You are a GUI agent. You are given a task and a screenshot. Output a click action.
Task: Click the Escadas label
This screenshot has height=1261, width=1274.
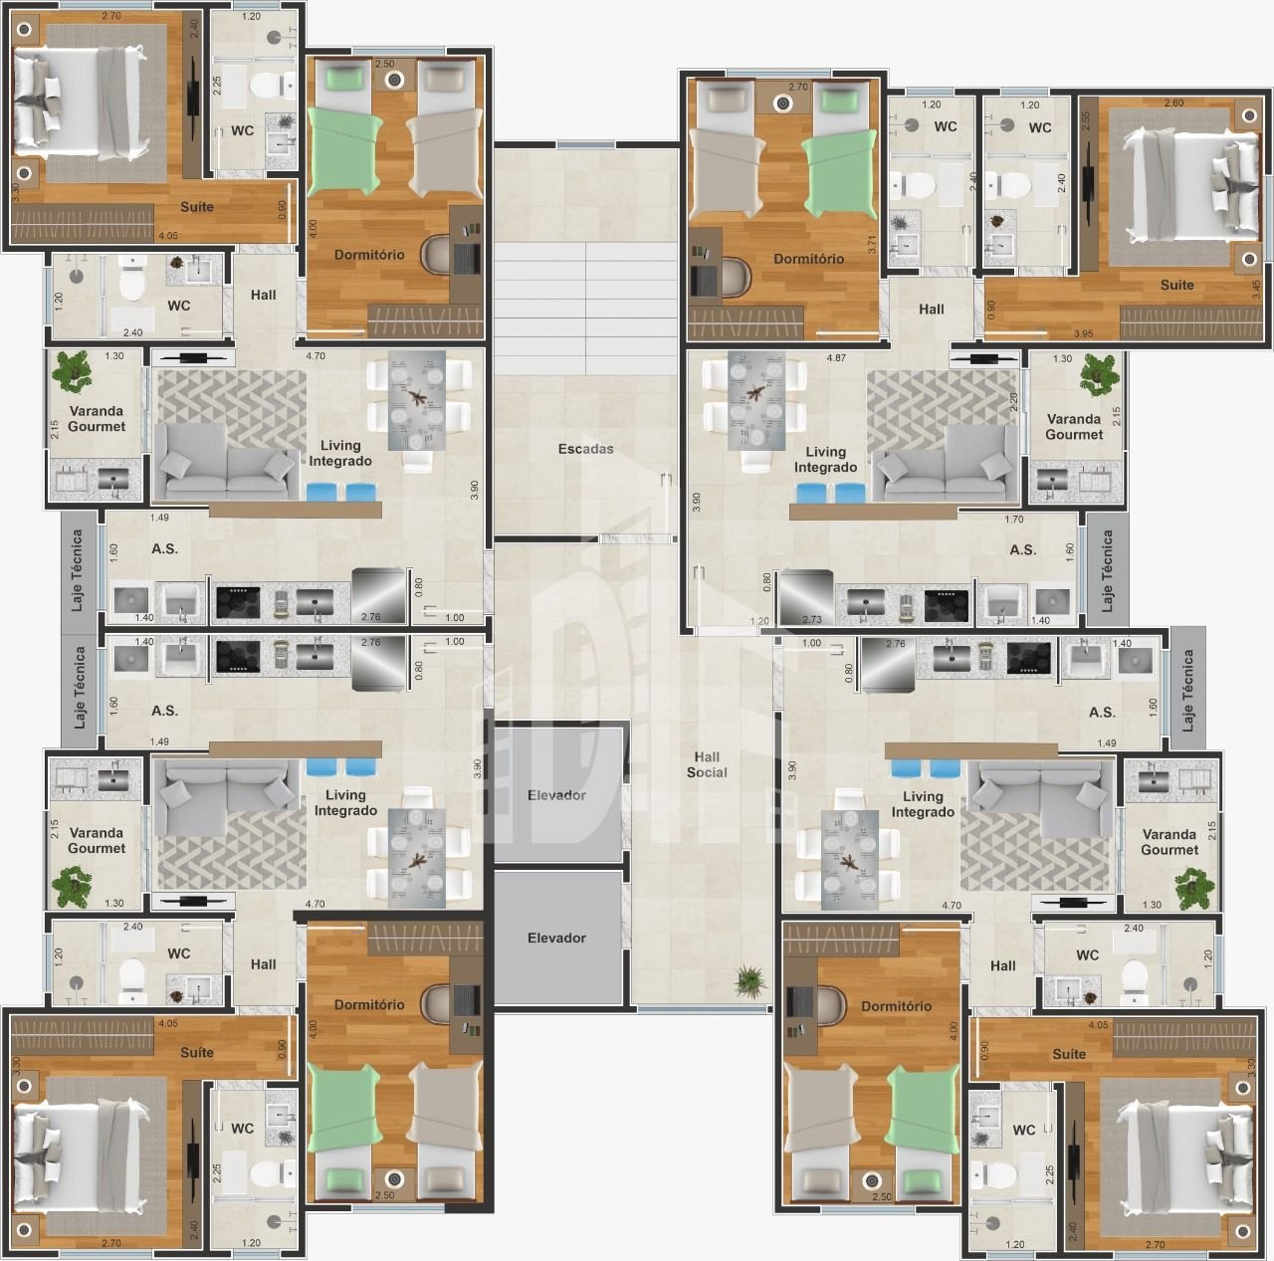pos(586,449)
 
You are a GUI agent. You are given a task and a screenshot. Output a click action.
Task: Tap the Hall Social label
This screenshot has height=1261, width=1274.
pos(706,764)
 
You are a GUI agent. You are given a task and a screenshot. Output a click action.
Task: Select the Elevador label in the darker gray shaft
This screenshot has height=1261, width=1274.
pos(556,938)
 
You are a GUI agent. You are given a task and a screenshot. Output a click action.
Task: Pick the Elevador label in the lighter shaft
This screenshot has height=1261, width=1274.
pos(556,795)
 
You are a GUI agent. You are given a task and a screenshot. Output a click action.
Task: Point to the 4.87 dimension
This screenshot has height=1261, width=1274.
pos(836,357)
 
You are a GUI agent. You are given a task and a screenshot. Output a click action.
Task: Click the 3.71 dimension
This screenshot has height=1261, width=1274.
pos(872,245)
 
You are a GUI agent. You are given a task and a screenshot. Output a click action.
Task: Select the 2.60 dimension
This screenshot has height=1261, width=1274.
pos(1173,103)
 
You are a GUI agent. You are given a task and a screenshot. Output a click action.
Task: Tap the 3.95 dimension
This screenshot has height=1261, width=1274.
pos(1083,334)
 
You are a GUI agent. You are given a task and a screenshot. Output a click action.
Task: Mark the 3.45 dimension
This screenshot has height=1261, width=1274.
pos(1256,289)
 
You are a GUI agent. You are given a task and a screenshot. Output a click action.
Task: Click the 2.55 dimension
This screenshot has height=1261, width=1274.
pos(1087,119)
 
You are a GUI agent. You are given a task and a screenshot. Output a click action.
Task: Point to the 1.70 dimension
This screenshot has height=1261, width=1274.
pos(1013,520)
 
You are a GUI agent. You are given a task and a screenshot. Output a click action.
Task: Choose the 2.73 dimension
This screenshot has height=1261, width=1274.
pos(812,620)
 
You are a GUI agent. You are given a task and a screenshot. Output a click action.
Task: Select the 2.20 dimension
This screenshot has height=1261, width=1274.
pos(1013,401)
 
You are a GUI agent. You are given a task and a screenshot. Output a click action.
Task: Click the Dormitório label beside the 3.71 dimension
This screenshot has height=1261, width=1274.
pos(808,259)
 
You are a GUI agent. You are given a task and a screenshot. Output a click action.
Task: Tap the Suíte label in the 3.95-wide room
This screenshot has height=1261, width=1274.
pos(1176,285)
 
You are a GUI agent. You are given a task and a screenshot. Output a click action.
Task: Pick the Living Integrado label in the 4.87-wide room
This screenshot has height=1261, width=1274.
pos(825,459)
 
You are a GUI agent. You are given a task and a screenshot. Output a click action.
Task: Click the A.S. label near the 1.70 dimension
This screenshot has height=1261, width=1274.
pos(1022,549)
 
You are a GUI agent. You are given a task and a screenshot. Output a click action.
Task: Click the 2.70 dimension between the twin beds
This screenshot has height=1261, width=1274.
pos(798,86)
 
